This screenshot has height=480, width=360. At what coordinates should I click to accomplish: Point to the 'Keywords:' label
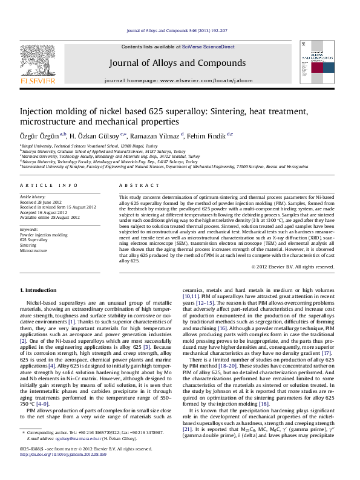coord(30,229)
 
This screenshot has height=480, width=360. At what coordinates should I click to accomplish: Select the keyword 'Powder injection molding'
coord(44,235)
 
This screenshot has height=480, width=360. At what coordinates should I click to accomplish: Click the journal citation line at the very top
coord(180,30)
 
